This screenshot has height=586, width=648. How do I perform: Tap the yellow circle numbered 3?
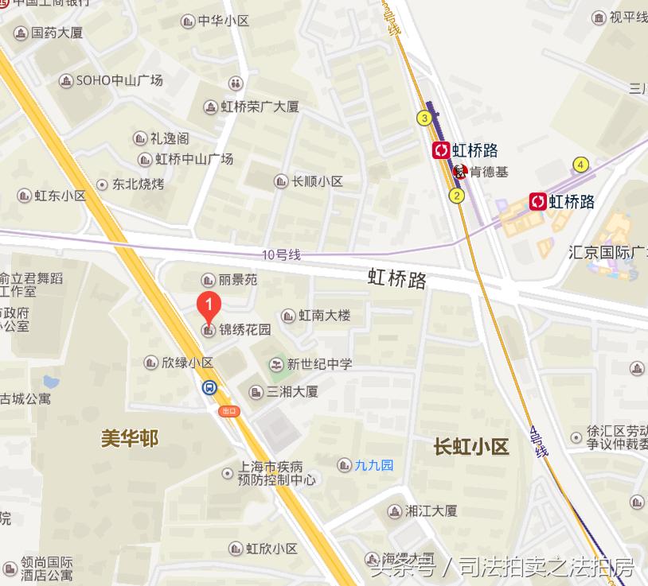coord(424,118)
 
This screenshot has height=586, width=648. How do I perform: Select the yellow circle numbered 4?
coord(581,165)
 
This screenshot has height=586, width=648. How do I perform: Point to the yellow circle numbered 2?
coord(456,195)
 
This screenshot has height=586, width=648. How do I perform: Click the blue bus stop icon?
coord(209,388)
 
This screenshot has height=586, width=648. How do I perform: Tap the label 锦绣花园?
coord(245,329)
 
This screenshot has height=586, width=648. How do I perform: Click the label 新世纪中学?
coord(319,364)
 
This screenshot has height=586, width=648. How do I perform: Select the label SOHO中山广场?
coord(119,80)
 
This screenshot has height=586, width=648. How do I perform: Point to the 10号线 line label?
coord(281,254)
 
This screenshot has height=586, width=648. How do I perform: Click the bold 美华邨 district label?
coord(130,438)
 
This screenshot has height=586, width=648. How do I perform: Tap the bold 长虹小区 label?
coord(470,446)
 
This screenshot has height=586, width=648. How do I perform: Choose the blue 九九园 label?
coord(374,464)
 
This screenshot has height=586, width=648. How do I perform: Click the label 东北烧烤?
coord(138,184)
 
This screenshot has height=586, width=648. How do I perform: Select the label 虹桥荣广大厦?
coord(260,107)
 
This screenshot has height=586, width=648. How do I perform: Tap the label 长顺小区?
coord(318,181)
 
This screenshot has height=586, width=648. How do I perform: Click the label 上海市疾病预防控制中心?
coord(277,473)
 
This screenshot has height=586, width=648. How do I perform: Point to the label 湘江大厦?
coord(431,510)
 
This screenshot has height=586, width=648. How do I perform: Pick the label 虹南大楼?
coord(324,316)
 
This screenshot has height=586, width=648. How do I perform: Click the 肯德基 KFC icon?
coord(460,171)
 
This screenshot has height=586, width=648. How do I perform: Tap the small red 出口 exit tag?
coord(229,410)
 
